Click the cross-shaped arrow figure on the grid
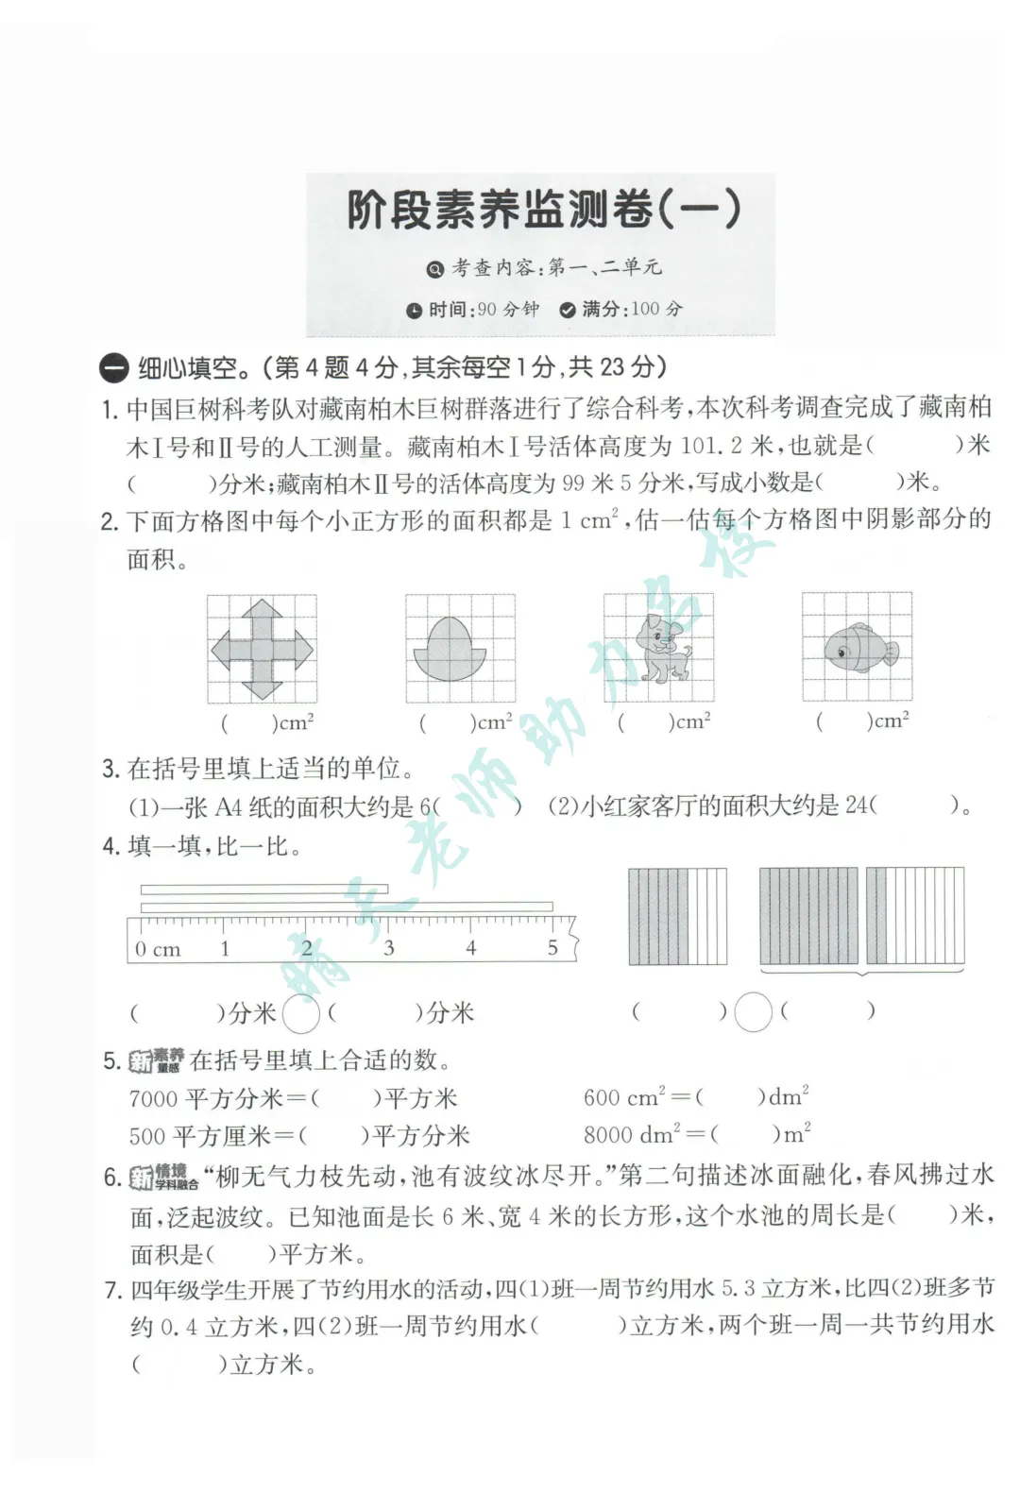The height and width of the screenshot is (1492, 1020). pyautogui.click(x=262, y=650)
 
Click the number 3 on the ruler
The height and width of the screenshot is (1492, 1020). pyautogui.click(x=389, y=947)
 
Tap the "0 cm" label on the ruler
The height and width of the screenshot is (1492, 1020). pyautogui.click(x=158, y=948)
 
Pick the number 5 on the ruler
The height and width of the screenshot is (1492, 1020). pyautogui.click(x=552, y=947)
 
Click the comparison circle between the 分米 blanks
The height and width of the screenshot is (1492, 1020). pyautogui.click(x=301, y=1014)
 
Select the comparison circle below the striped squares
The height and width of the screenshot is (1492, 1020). pyautogui.click(x=753, y=1012)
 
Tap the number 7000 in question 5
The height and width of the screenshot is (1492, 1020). pyautogui.click(x=154, y=1098)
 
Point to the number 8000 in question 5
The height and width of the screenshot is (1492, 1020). pyautogui.click(x=608, y=1135)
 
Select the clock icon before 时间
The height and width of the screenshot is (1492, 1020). pyautogui.click(x=415, y=311)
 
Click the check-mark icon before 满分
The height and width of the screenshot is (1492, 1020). pyautogui.click(x=568, y=311)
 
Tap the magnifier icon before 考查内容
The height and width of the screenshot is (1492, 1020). pyautogui.click(x=434, y=269)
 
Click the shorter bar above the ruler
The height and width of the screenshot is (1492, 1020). pyautogui.click(x=263, y=889)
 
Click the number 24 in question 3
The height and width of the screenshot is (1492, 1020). pyautogui.click(x=857, y=805)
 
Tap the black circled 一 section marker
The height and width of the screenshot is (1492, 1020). pyautogui.click(x=113, y=369)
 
